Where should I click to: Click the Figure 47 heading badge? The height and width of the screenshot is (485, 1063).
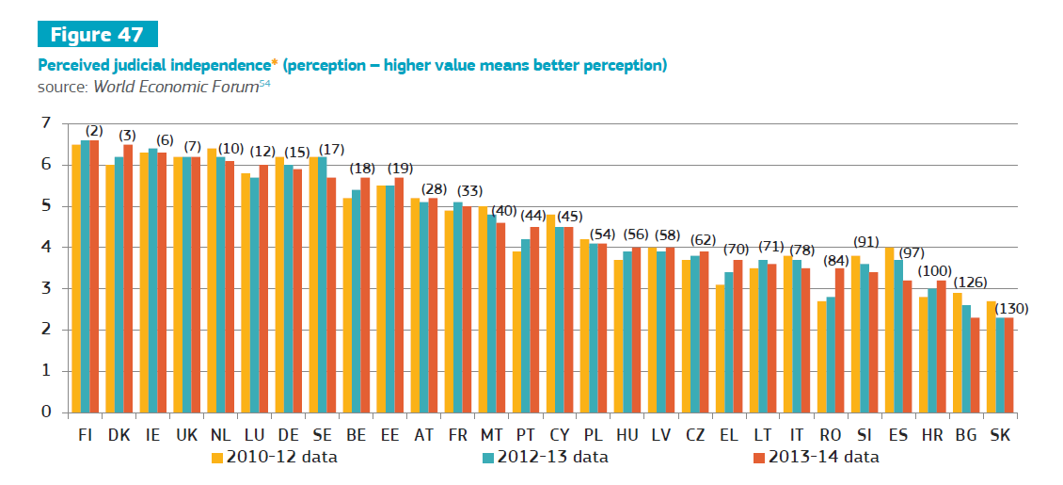[x=97, y=35]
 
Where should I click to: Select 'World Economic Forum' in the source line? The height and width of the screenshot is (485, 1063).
[x=175, y=86]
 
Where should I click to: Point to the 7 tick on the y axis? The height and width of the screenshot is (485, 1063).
[x=45, y=123]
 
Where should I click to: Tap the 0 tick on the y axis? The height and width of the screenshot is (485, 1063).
[x=45, y=412]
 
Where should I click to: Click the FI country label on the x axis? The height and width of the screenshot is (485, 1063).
[x=85, y=435]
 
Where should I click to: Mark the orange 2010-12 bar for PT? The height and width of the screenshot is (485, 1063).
[x=516, y=331]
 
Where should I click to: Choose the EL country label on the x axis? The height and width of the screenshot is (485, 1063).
[x=728, y=435]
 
